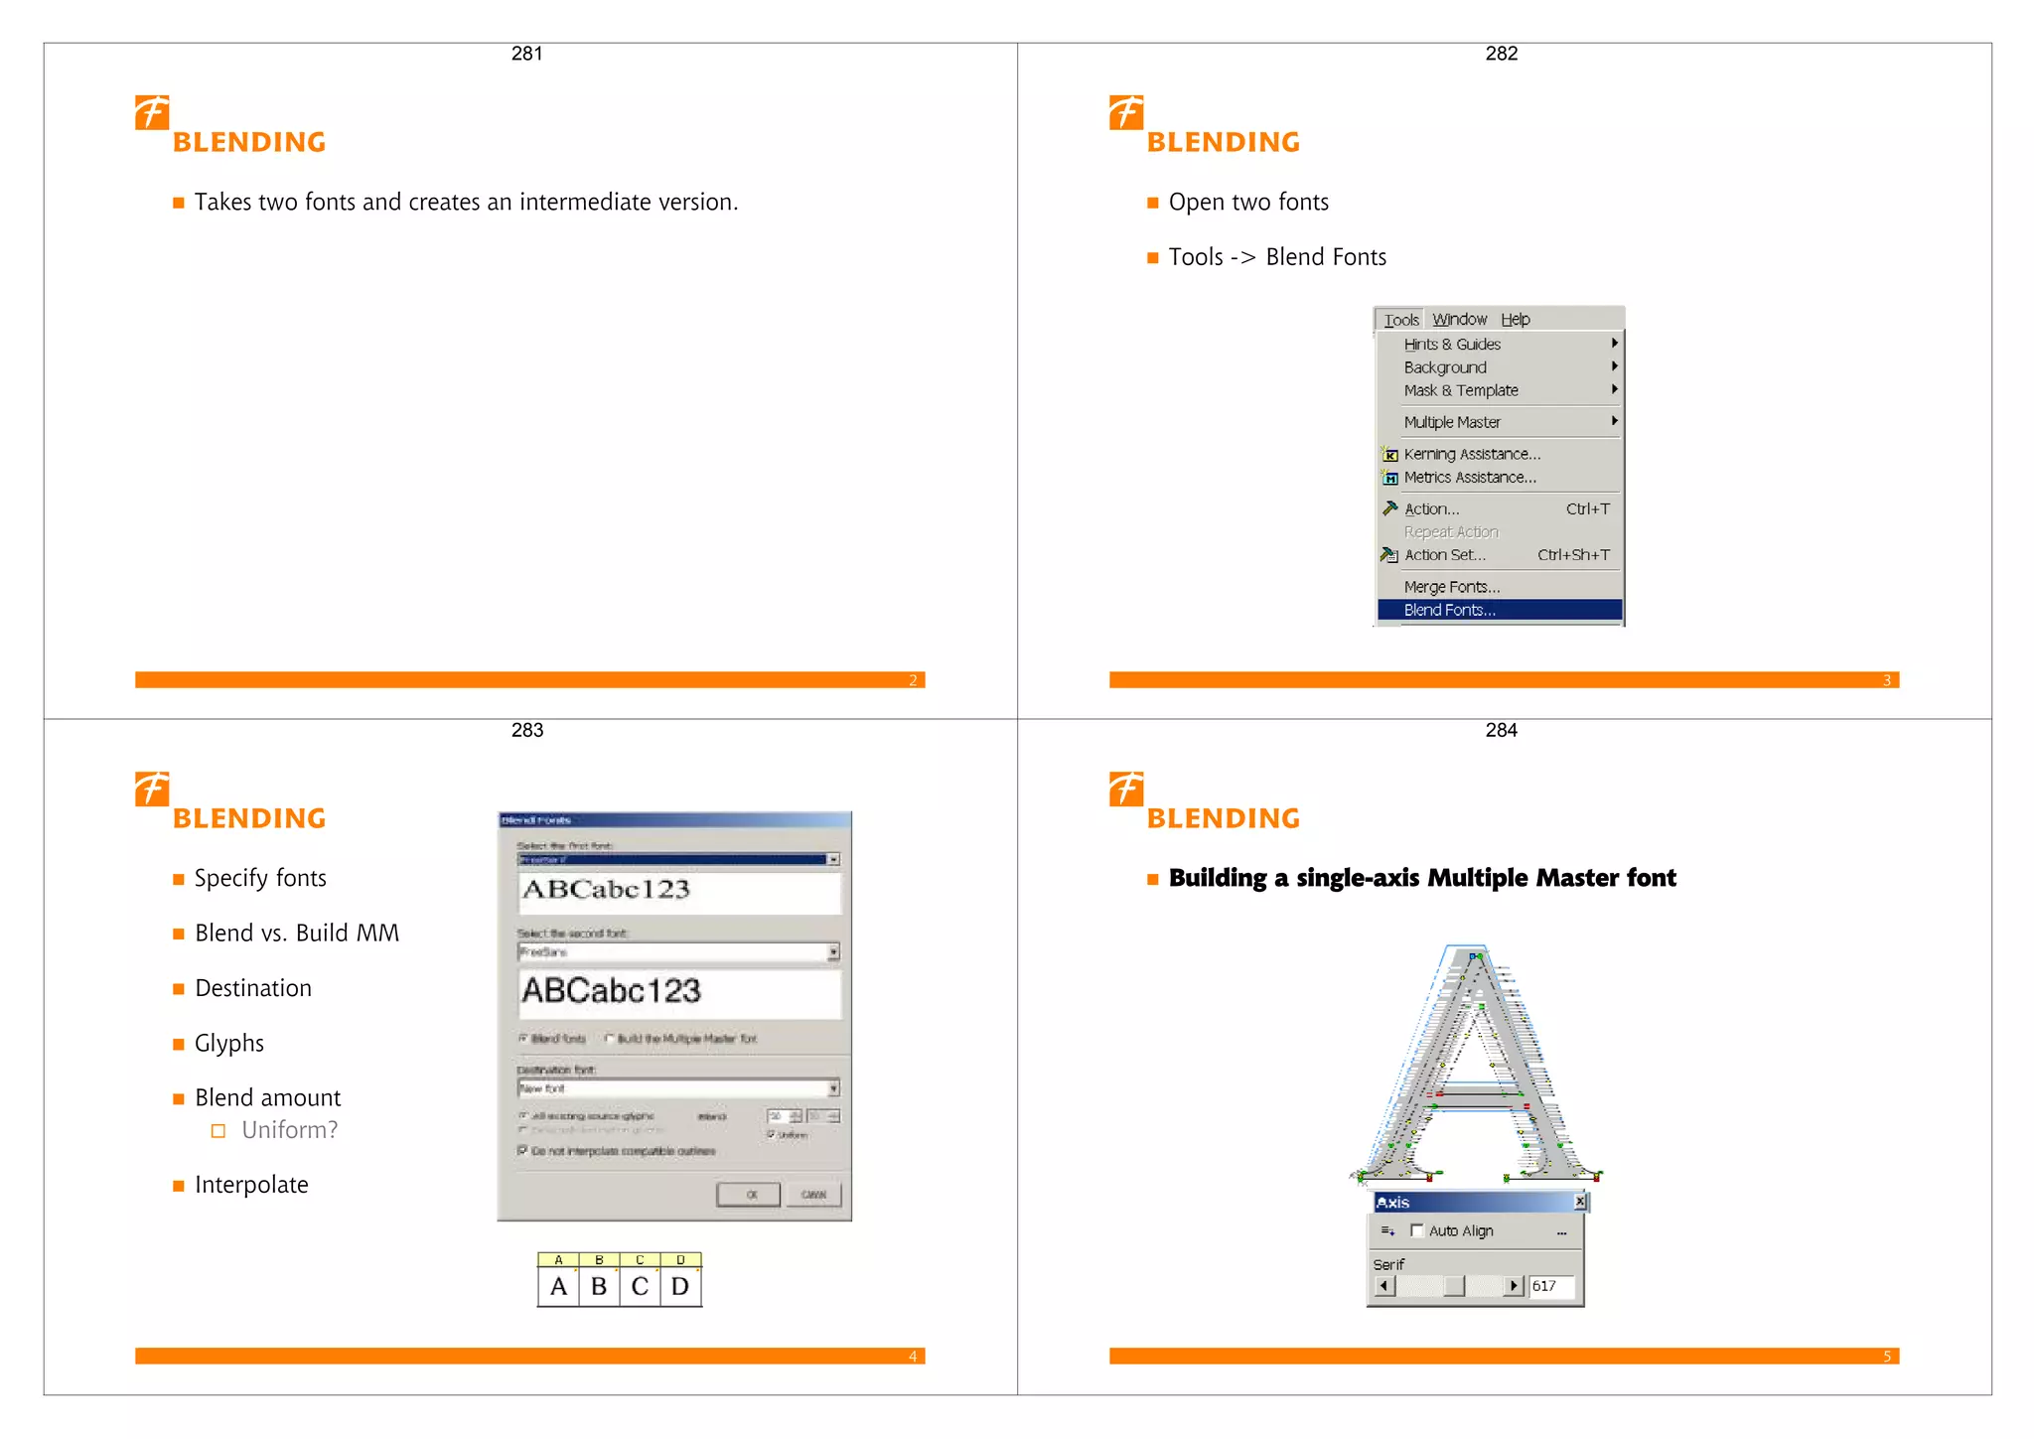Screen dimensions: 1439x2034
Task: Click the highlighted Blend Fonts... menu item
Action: click(x=1449, y=610)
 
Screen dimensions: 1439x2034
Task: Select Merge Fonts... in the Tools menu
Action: click(x=1451, y=587)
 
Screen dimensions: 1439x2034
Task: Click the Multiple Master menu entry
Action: click(x=1452, y=422)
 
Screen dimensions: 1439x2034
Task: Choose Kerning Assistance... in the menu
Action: click(x=1472, y=454)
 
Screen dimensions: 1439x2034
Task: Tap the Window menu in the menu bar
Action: click(x=1459, y=320)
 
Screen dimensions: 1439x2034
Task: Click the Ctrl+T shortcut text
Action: click(x=1587, y=509)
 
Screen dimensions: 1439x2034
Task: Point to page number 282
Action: click(x=1501, y=54)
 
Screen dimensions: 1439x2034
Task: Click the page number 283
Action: click(x=526, y=730)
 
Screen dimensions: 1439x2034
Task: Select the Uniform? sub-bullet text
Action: click(x=289, y=1130)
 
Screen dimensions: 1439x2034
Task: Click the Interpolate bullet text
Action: click(x=251, y=1185)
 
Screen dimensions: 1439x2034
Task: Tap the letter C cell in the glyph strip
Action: click(x=640, y=1287)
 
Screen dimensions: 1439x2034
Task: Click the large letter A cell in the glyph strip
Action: click(x=558, y=1287)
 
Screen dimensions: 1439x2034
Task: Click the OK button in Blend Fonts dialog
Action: click(x=749, y=1195)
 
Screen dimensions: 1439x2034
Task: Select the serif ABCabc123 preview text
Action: click(x=606, y=889)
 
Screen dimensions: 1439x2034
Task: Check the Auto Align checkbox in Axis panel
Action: click(x=1417, y=1230)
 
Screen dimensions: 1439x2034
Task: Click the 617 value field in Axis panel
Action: click(x=1550, y=1286)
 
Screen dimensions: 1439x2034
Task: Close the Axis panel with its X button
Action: click(x=1579, y=1202)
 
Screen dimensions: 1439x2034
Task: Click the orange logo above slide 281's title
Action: click(x=152, y=112)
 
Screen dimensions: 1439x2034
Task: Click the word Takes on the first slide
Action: click(x=222, y=203)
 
